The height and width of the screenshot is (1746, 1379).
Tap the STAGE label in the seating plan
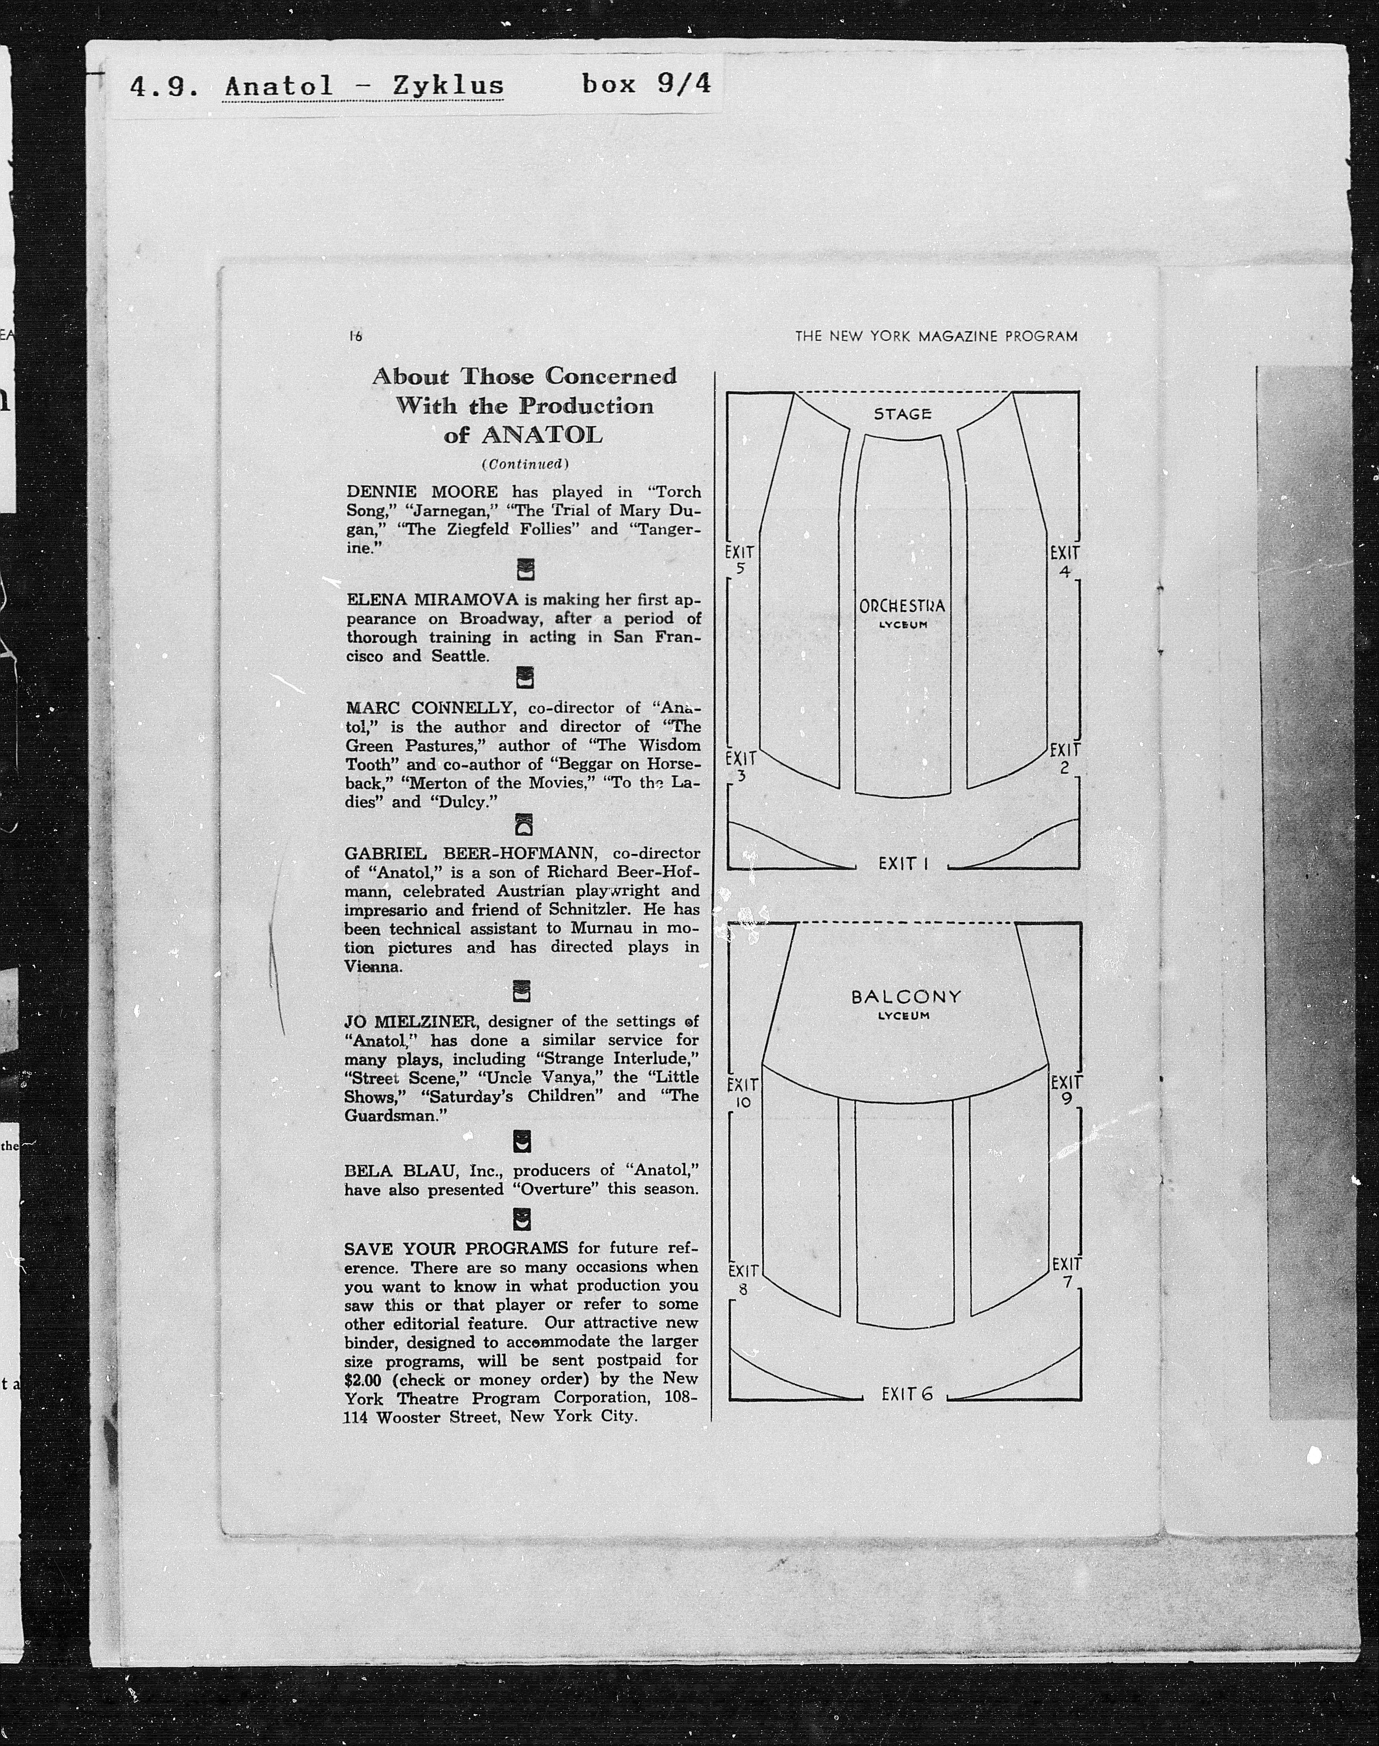[903, 414]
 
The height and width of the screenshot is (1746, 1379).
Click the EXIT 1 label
[903, 864]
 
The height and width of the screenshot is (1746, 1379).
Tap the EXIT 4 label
[1064, 561]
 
